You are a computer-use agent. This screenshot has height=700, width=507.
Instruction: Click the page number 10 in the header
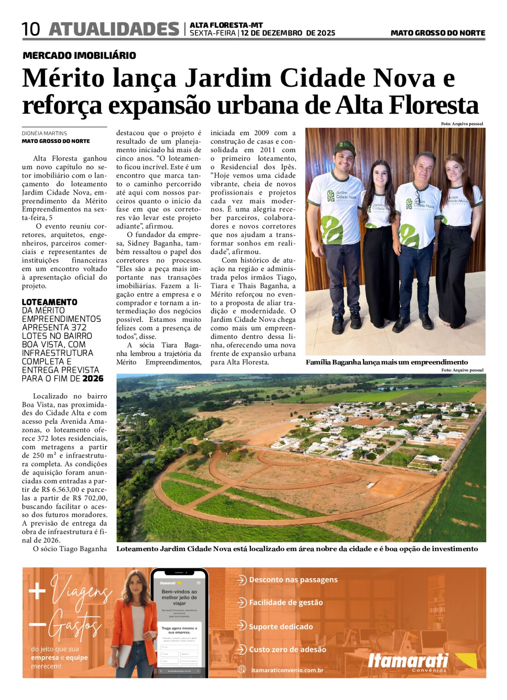[x=31, y=30]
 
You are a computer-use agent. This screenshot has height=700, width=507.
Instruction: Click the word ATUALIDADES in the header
[x=114, y=30]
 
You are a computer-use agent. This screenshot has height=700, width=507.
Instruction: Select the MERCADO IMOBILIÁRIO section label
[x=79, y=55]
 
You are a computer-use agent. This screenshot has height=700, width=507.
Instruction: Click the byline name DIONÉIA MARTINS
[x=44, y=133]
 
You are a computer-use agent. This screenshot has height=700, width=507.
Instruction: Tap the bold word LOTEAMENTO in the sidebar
[x=49, y=302]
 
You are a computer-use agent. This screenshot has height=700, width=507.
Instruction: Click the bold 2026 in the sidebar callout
[x=93, y=379]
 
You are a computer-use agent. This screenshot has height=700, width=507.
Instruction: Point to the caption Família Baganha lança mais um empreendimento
[x=386, y=362]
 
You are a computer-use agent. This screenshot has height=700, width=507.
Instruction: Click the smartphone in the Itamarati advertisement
[x=179, y=623]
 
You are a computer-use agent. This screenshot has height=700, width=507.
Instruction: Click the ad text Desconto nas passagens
[x=293, y=580]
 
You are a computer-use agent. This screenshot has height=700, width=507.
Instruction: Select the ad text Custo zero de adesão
[x=287, y=649]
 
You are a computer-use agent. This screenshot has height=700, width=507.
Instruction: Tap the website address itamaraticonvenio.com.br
[x=287, y=670]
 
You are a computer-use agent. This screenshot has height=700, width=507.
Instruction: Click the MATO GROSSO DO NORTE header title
[x=437, y=33]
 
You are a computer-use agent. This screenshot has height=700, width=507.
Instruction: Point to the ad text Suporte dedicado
[x=281, y=627]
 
